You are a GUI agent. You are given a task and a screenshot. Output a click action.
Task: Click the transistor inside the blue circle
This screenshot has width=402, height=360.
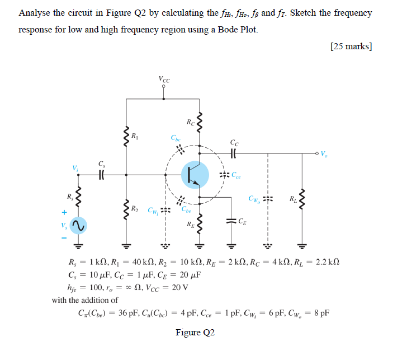(195, 175)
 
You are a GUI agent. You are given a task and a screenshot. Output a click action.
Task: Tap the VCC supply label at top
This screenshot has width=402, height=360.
(164, 79)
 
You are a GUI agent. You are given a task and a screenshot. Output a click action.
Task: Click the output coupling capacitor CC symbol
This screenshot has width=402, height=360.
(234, 153)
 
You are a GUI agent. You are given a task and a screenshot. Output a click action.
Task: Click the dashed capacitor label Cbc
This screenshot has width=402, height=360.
(176, 138)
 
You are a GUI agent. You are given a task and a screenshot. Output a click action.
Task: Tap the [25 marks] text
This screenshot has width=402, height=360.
(351, 46)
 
